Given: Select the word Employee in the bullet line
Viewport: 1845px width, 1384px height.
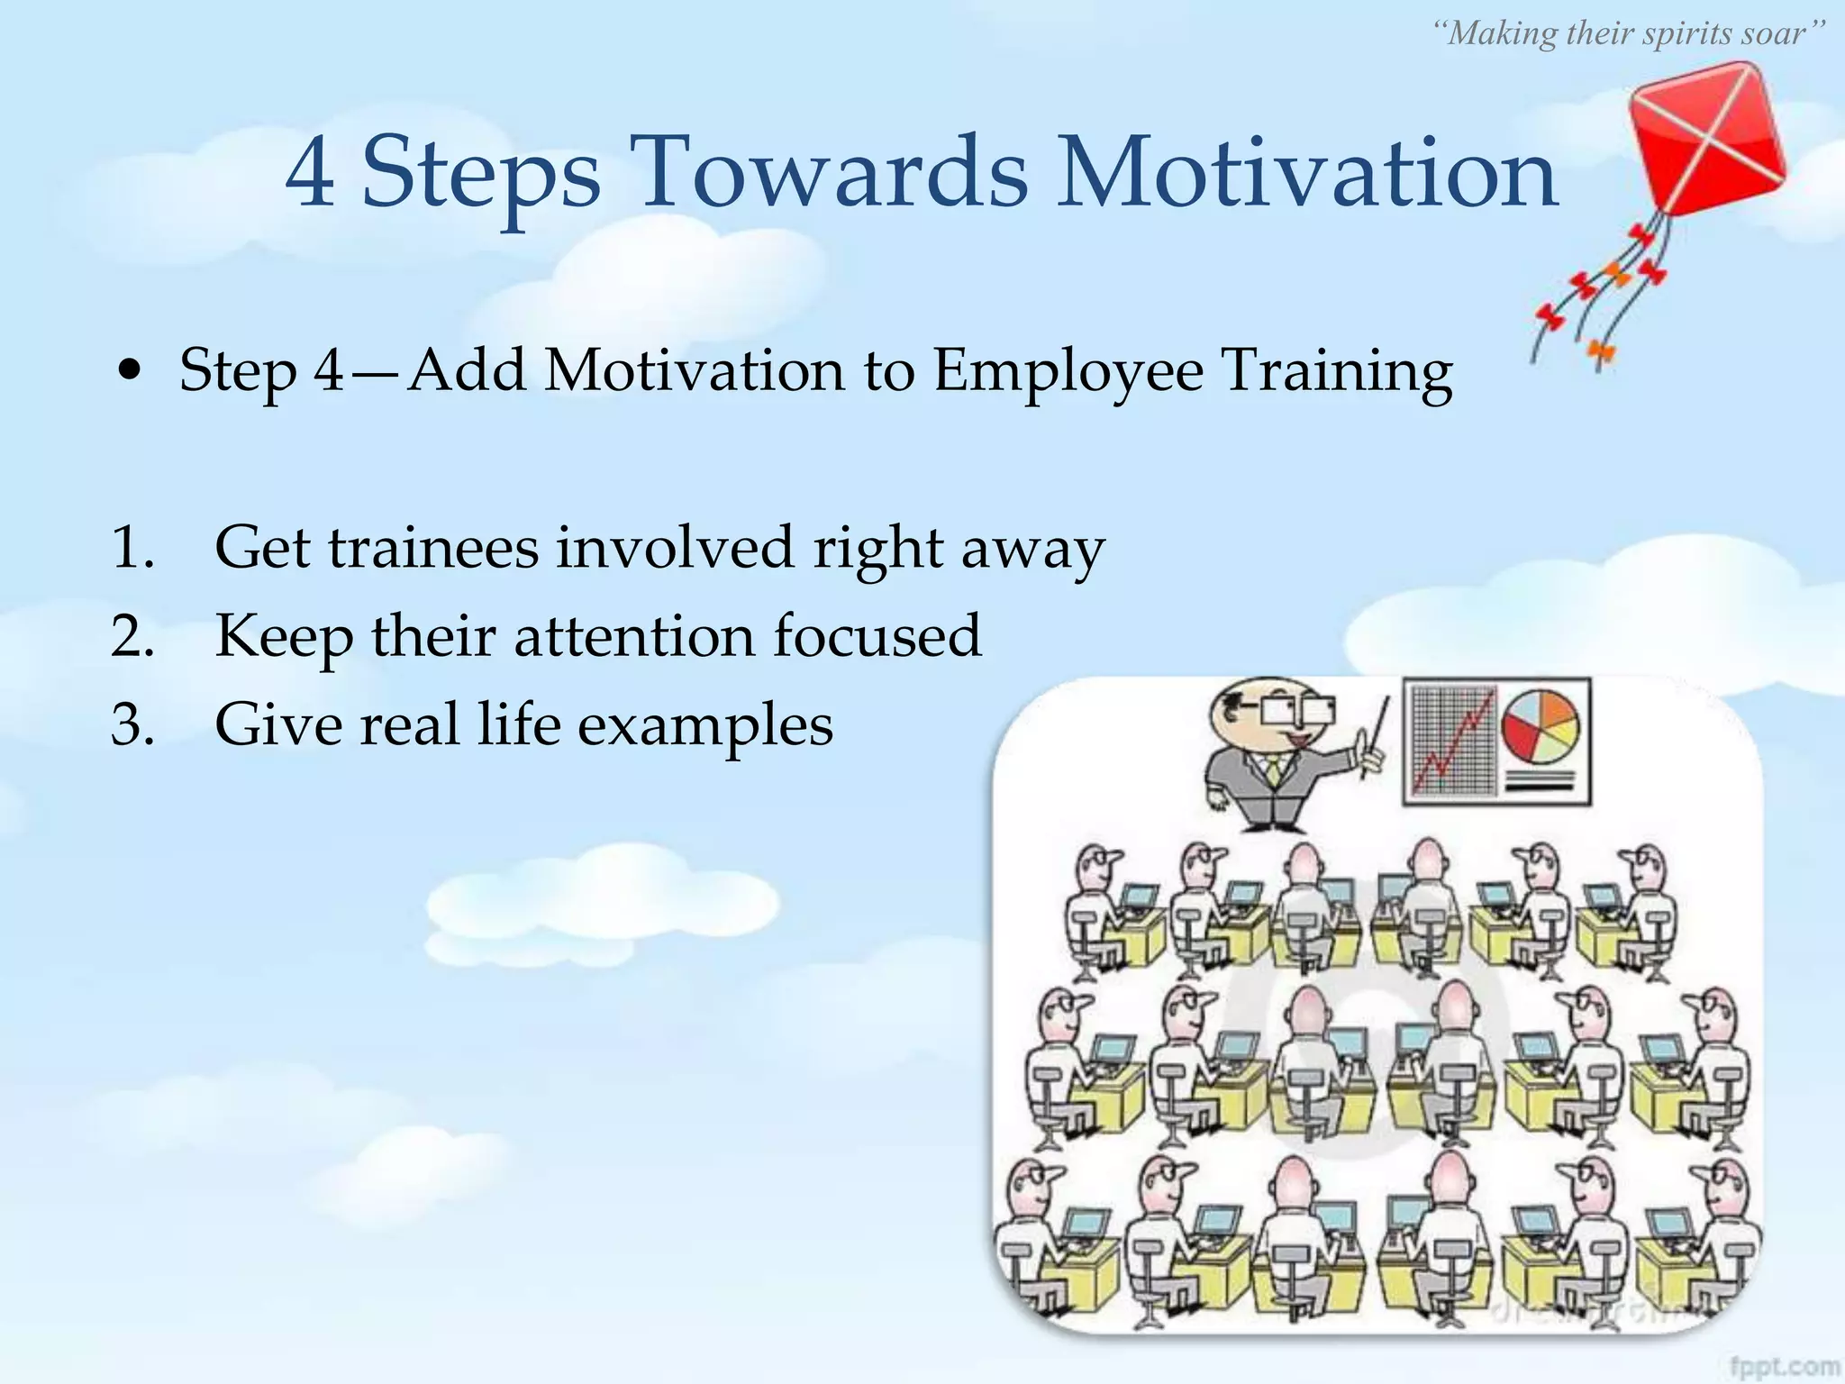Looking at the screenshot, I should point(1068,370).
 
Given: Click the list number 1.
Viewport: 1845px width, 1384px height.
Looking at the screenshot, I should point(132,547).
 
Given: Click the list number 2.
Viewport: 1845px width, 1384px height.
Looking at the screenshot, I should point(133,635).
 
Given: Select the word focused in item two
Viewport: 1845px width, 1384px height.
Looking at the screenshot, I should point(877,635).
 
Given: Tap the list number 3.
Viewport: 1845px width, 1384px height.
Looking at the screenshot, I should point(133,724).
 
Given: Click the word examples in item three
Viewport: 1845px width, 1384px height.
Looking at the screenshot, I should point(704,725).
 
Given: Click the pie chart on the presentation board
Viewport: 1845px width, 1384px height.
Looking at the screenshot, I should point(1541,727).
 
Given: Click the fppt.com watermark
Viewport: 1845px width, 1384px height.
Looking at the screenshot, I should point(1785,1366).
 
